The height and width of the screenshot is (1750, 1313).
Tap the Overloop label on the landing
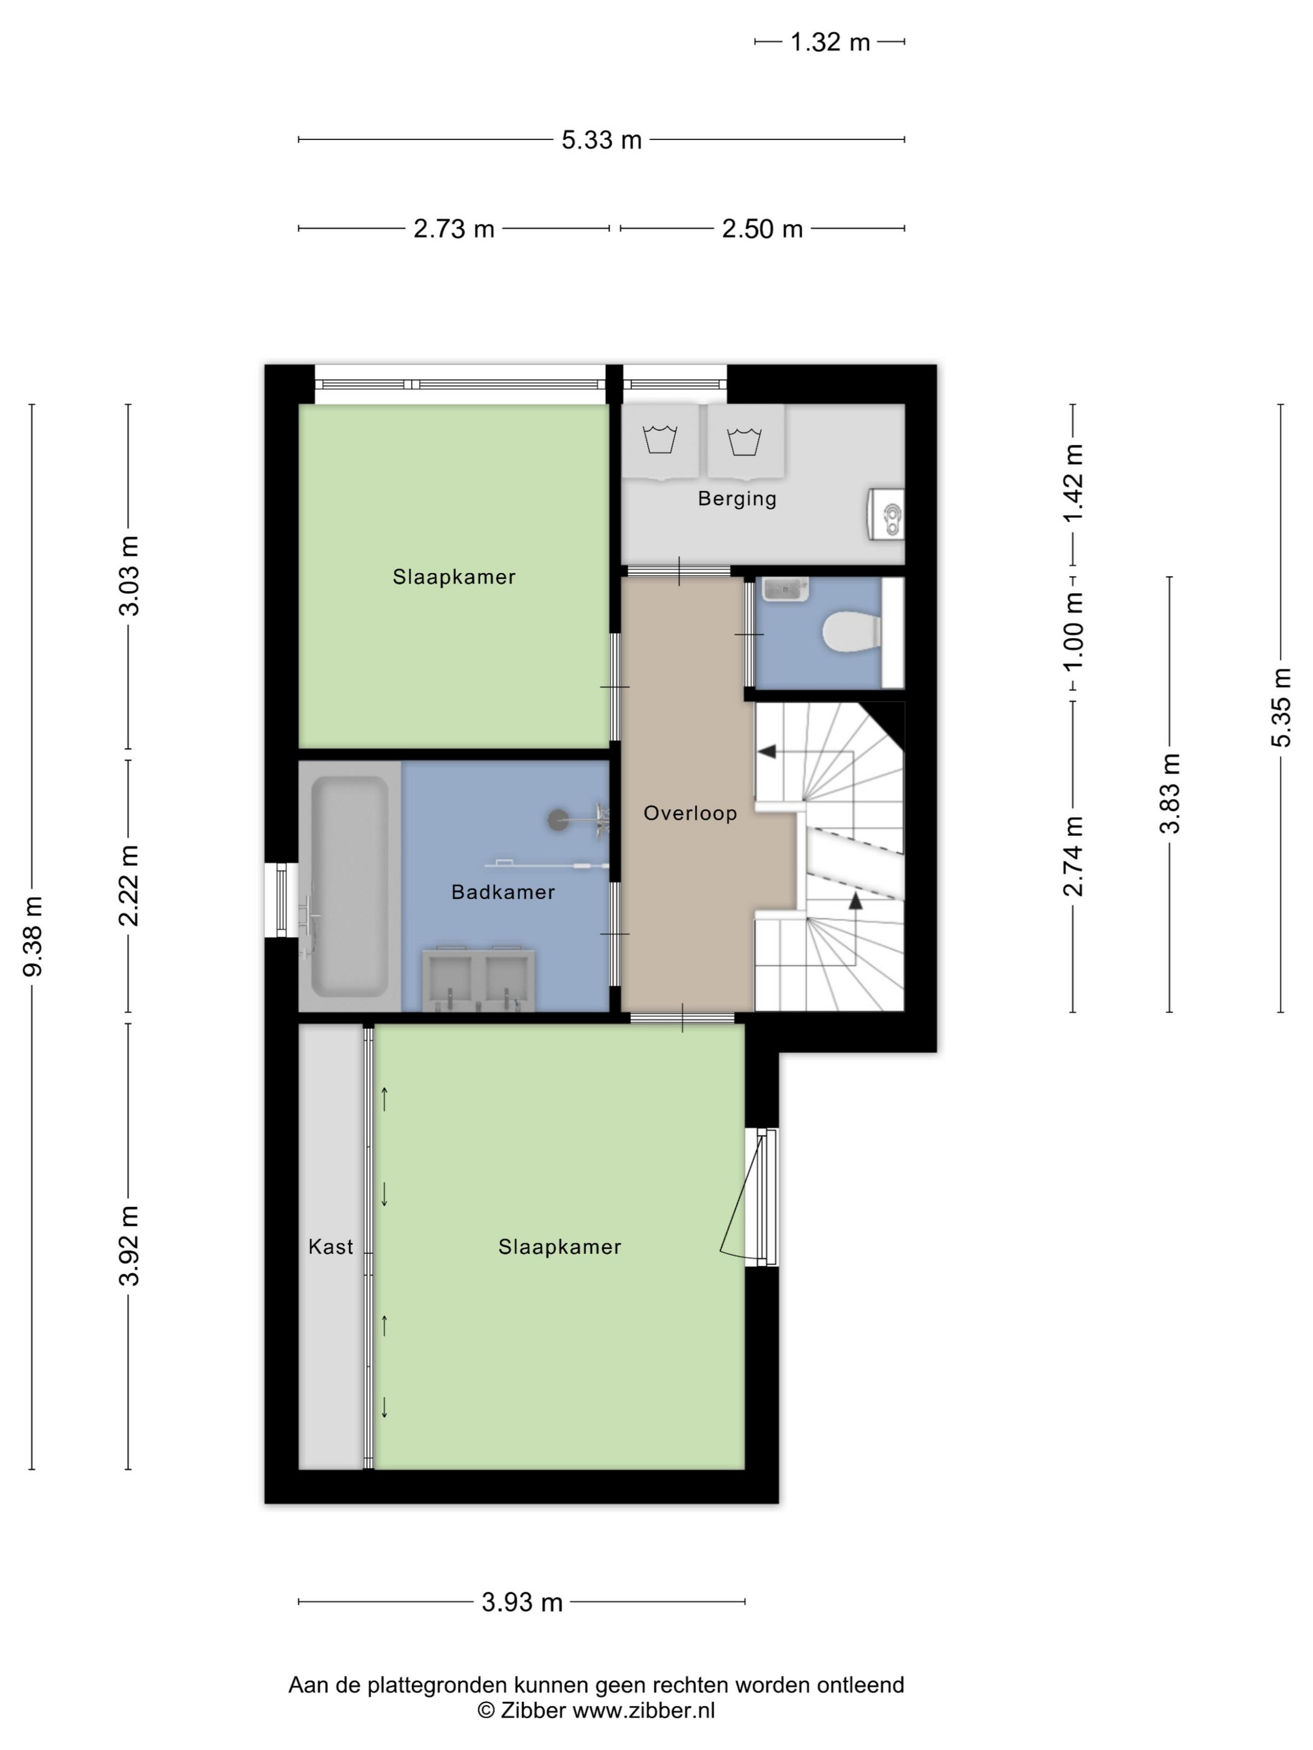coord(690,813)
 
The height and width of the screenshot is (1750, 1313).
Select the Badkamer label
coord(503,892)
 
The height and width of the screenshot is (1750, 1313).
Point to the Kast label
coord(330,1247)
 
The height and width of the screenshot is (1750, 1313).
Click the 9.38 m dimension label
coord(33,937)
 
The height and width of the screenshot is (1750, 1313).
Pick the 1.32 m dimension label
coord(830,42)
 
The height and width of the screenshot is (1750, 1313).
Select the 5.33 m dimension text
coord(601,140)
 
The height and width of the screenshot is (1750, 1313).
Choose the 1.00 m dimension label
coord(1072,633)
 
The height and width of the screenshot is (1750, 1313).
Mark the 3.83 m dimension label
coord(1169,794)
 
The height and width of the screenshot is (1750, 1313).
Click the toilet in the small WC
coord(852,633)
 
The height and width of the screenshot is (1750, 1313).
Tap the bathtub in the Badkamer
coord(349,886)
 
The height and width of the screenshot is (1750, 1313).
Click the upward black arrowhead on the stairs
coord(855,901)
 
